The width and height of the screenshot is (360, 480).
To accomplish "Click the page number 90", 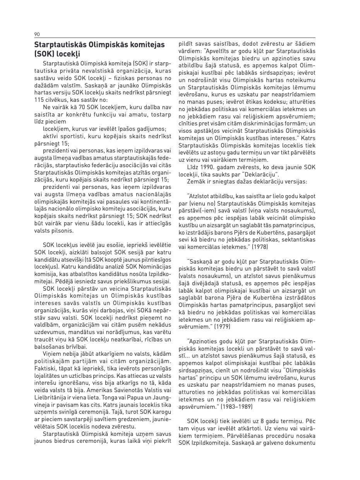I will pos(37,34).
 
